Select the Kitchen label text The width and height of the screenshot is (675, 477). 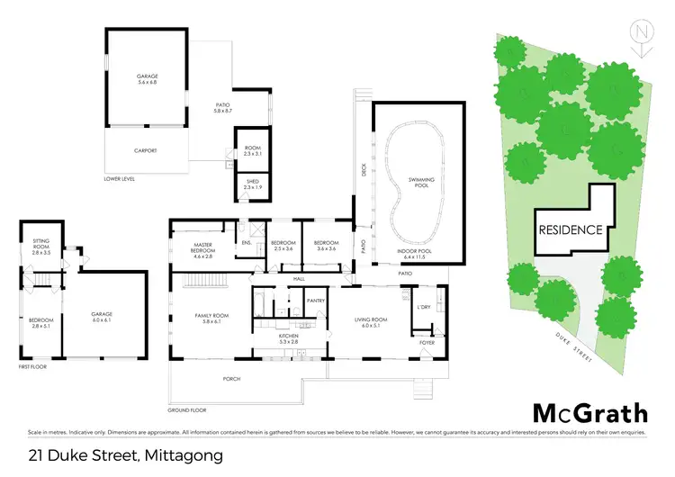[288, 337]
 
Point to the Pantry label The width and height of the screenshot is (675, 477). [315, 301]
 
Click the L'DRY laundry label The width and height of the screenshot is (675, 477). [424, 309]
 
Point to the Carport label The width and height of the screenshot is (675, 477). [147, 150]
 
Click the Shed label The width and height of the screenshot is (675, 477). [252, 183]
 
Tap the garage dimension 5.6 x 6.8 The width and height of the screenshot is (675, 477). [147, 82]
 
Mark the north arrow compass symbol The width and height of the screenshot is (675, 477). [641, 33]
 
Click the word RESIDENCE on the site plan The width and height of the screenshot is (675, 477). [571, 229]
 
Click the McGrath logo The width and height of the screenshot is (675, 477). [589, 413]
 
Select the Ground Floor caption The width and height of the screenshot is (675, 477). [187, 409]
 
